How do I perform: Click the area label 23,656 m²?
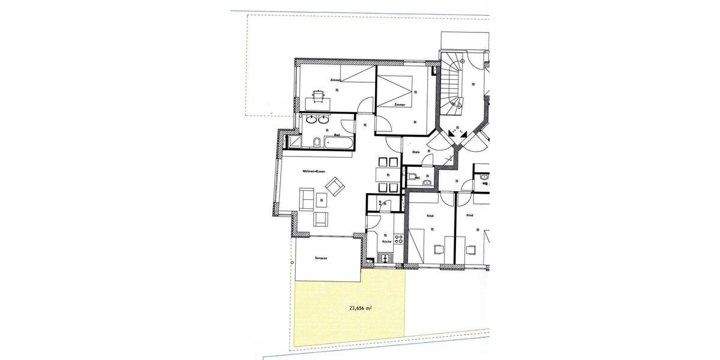coord(361,310)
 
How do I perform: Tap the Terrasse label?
coord(320,258)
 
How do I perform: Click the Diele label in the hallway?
coord(415,152)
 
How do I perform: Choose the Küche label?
coord(386,242)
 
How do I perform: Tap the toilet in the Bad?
coord(316,143)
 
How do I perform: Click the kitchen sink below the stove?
coord(385,259)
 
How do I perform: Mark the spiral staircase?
coord(453,84)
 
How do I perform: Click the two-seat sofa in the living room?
coord(306,199)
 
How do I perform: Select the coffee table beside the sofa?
coord(322,203)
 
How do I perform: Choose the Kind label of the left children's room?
coord(429,215)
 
